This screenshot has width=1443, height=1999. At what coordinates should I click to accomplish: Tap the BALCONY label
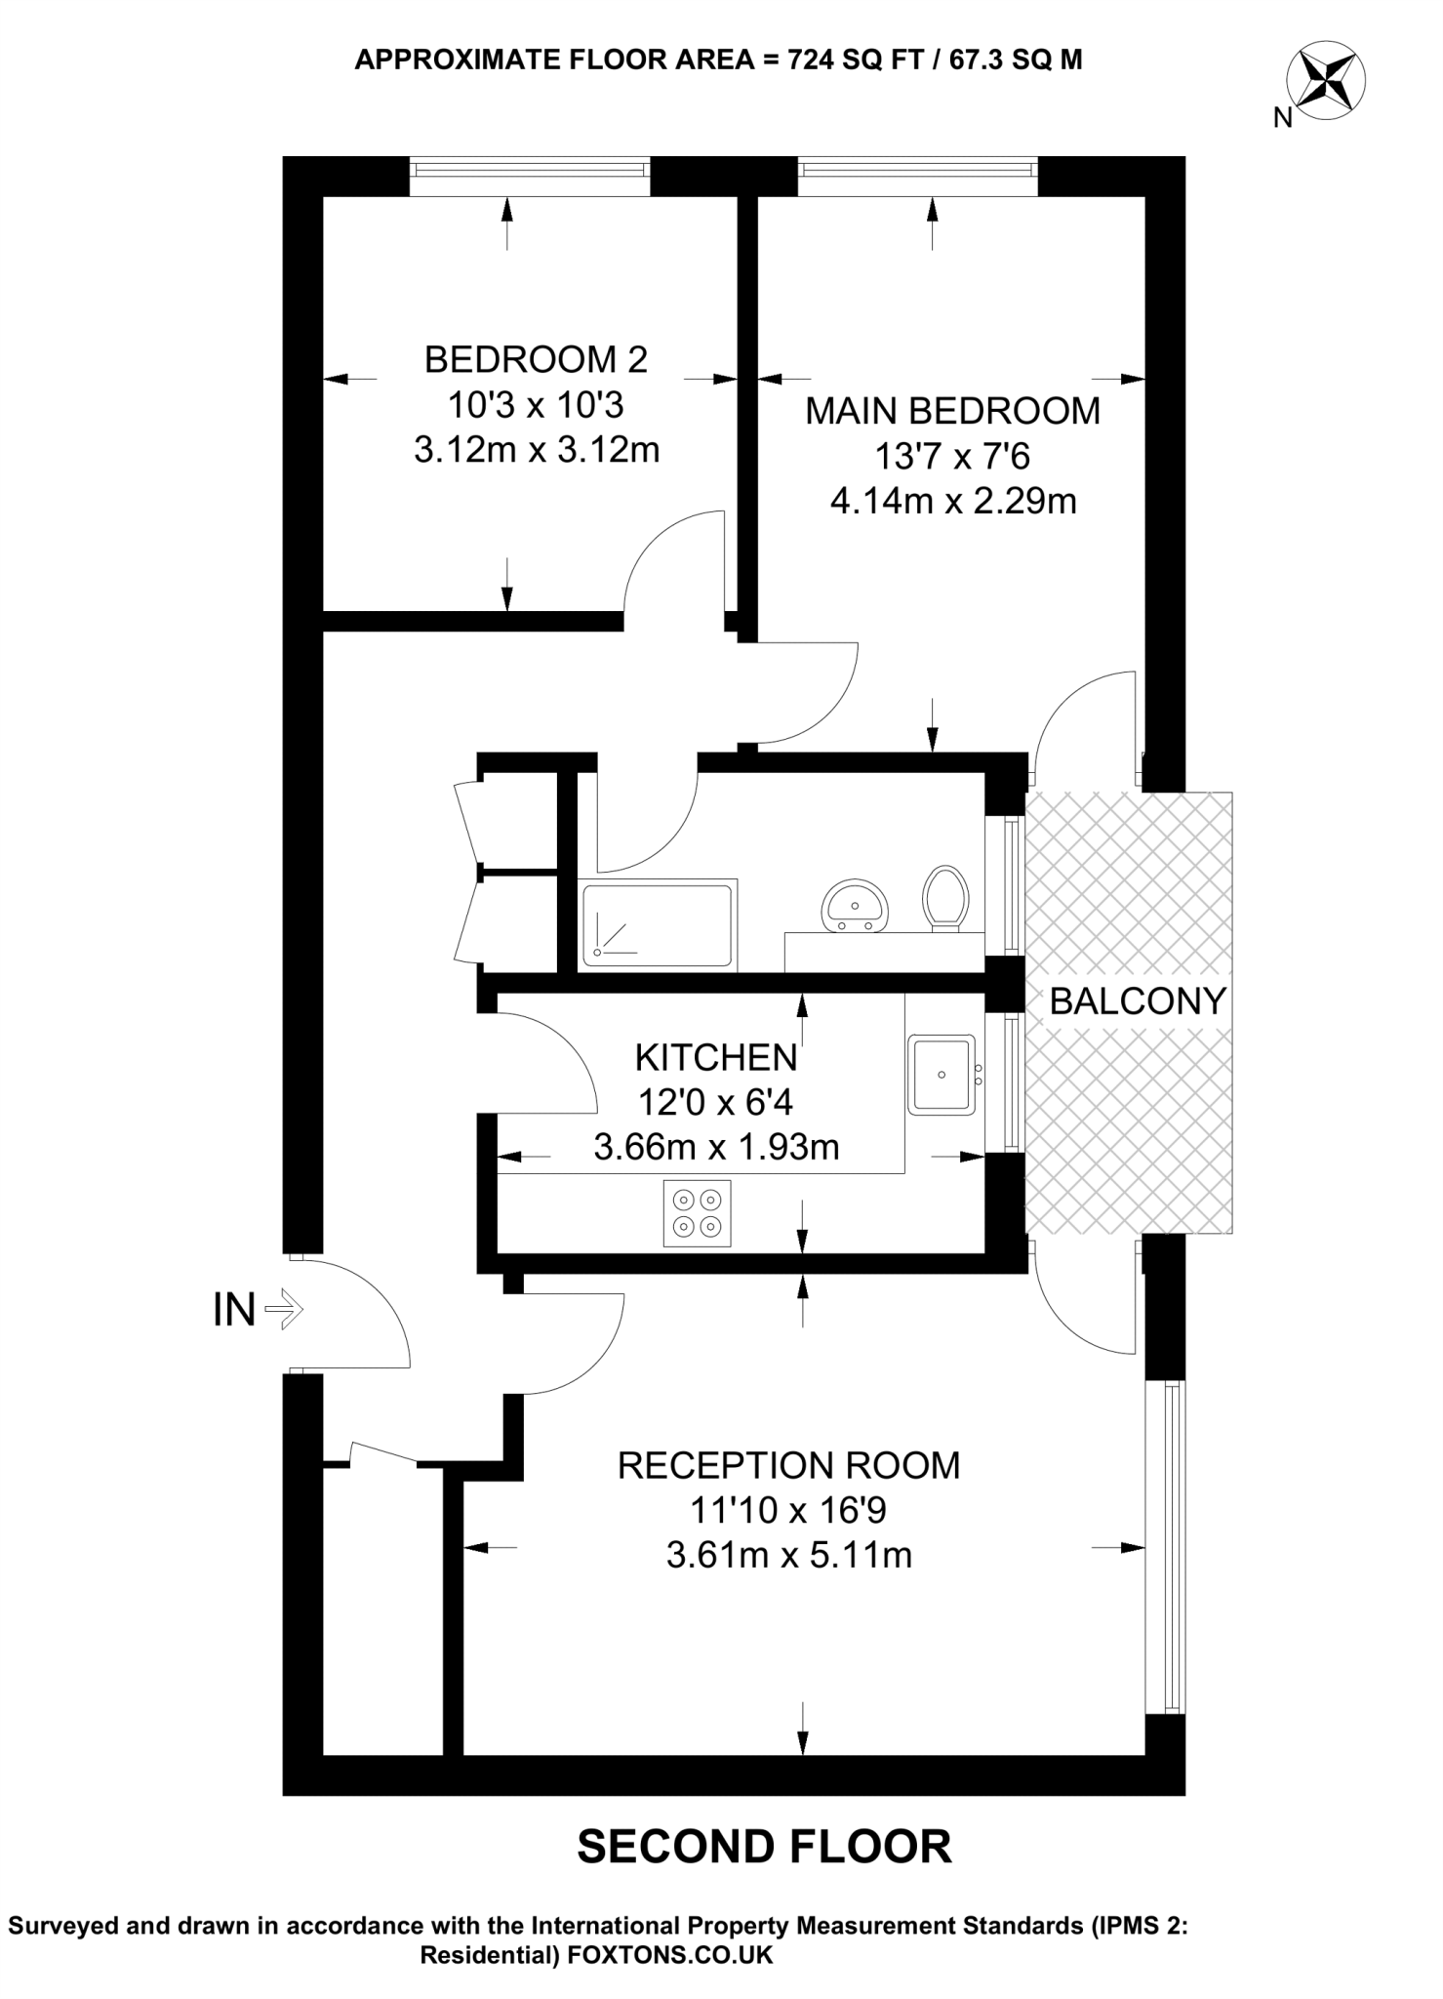tap(1137, 1001)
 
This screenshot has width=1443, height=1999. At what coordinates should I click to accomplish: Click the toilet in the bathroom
tap(945, 896)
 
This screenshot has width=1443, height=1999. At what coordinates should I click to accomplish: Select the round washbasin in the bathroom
tap(855, 905)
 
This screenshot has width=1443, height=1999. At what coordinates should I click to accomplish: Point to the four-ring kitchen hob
tap(698, 1213)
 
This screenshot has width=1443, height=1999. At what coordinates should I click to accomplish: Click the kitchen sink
tap(942, 1075)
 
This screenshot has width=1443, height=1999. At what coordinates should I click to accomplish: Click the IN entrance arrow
tap(284, 1309)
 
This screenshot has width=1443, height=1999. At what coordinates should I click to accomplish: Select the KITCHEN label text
tap(716, 1058)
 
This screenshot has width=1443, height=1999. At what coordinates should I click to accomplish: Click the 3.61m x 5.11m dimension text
tap(788, 1555)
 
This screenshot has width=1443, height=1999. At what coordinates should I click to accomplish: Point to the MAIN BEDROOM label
tap(952, 411)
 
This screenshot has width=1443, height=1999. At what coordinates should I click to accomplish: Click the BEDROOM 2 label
tap(536, 360)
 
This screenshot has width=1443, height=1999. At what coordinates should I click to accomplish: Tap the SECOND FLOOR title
tap(764, 1847)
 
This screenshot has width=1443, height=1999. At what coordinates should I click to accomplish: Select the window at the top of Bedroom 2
tap(529, 169)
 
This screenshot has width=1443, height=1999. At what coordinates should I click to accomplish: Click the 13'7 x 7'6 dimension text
tap(952, 456)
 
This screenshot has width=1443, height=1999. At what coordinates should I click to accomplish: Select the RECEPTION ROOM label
tap(788, 1465)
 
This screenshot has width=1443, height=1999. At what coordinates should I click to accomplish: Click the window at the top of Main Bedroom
tap(916, 169)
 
